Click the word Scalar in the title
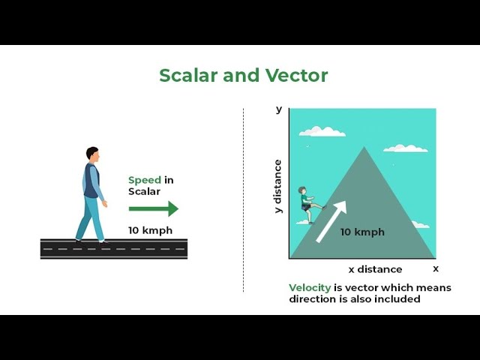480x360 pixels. [x=187, y=76]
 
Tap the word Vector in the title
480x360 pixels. [x=296, y=76]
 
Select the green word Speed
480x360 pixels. [x=145, y=180]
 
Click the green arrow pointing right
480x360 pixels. [x=154, y=208]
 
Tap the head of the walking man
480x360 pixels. [x=92, y=153]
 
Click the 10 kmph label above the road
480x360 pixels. [x=151, y=230]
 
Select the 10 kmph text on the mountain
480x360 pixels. [x=362, y=232]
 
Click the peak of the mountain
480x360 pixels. [x=364, y=148]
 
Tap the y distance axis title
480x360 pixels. [x=277, y=186]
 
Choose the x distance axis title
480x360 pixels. [x=375, y=269]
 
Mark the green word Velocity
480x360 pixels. [x=310, y=287]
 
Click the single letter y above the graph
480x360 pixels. [x=279, y=109]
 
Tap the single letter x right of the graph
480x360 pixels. [x=436, y=268]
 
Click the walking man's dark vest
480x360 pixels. [x=91, y=182]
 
